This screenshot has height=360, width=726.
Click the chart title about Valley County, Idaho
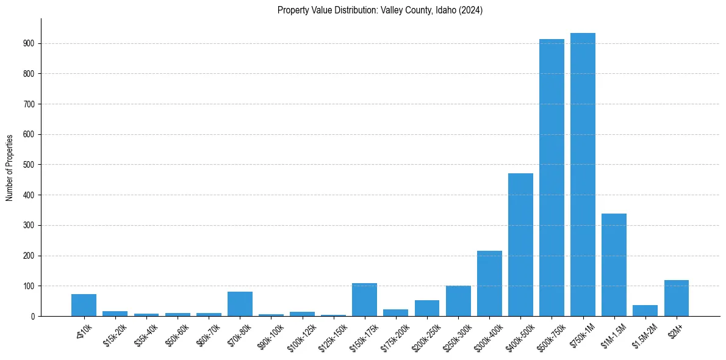point(380,10)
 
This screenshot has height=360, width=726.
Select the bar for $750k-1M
point(583,175)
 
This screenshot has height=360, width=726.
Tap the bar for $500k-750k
point(552,178)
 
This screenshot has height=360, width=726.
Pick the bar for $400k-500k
point(520,245)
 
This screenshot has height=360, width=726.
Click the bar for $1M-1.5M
point(614,265)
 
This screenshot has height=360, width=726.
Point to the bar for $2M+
point(676,298)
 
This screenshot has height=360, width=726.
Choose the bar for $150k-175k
point(364,300)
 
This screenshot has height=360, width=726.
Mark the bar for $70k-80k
point(240,304)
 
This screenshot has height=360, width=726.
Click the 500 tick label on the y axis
point(30,165)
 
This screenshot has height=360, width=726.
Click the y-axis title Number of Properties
point(10,168)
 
